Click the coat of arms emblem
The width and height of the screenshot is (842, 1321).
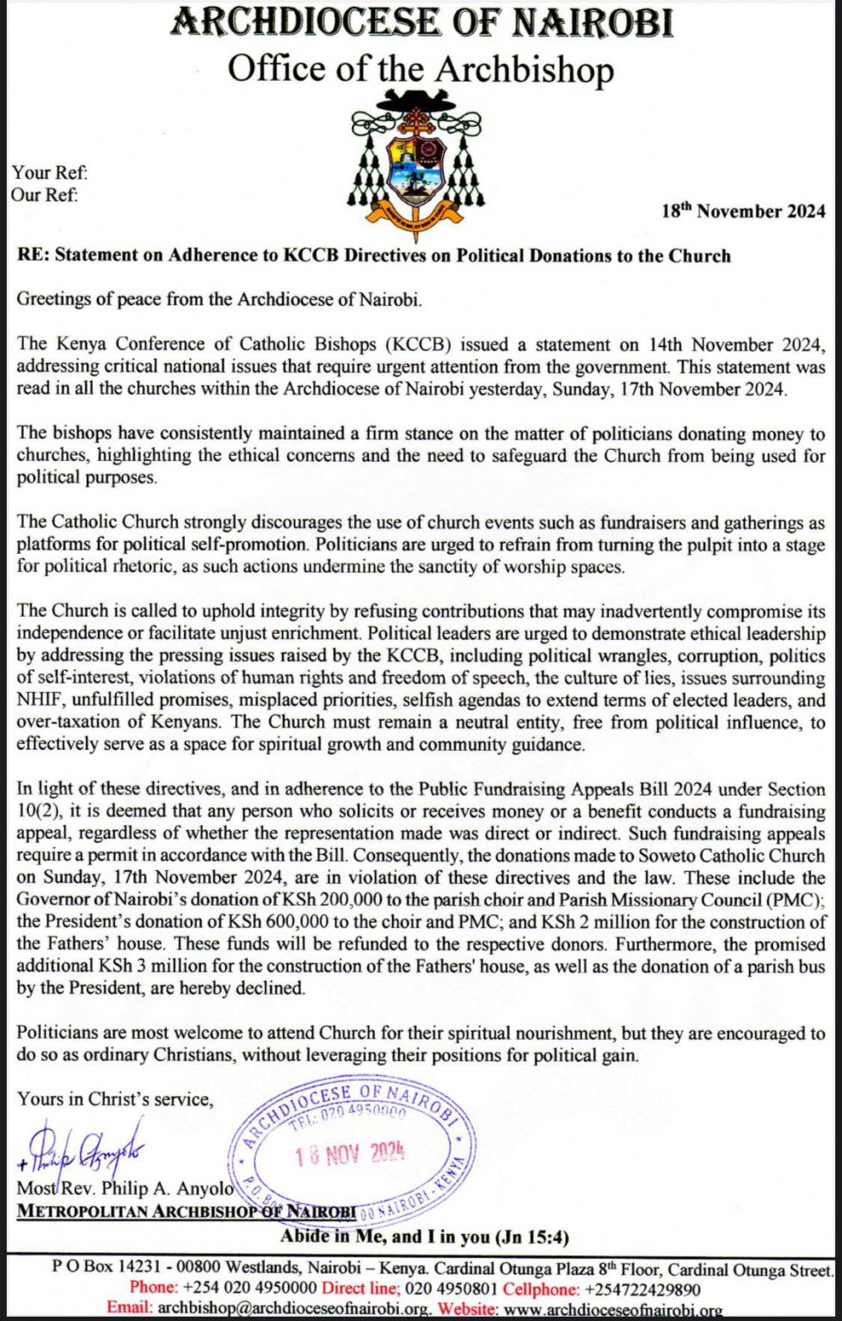tap(421, 164)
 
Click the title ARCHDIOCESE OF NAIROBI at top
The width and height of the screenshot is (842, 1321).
tap(421, 23)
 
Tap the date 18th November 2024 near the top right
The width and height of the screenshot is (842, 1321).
tap(743, 212)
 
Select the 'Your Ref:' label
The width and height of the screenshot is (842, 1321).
tap(49, 173)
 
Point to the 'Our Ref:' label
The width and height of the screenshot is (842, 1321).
tap(45, 194)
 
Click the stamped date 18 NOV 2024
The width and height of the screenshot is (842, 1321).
tap(349, 1154)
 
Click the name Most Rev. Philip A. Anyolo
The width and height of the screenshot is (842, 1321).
tap(126, 1189)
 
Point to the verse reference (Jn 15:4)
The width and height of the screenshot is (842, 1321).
tap(532, 1238)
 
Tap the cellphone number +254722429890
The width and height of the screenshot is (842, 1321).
tap(642, 1289)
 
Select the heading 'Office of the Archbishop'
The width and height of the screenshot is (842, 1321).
tap(421, 69)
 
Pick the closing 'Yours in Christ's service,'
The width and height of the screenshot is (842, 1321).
tap(115, 1099)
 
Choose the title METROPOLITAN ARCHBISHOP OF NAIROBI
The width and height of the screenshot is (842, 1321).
tap(187, 1211)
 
